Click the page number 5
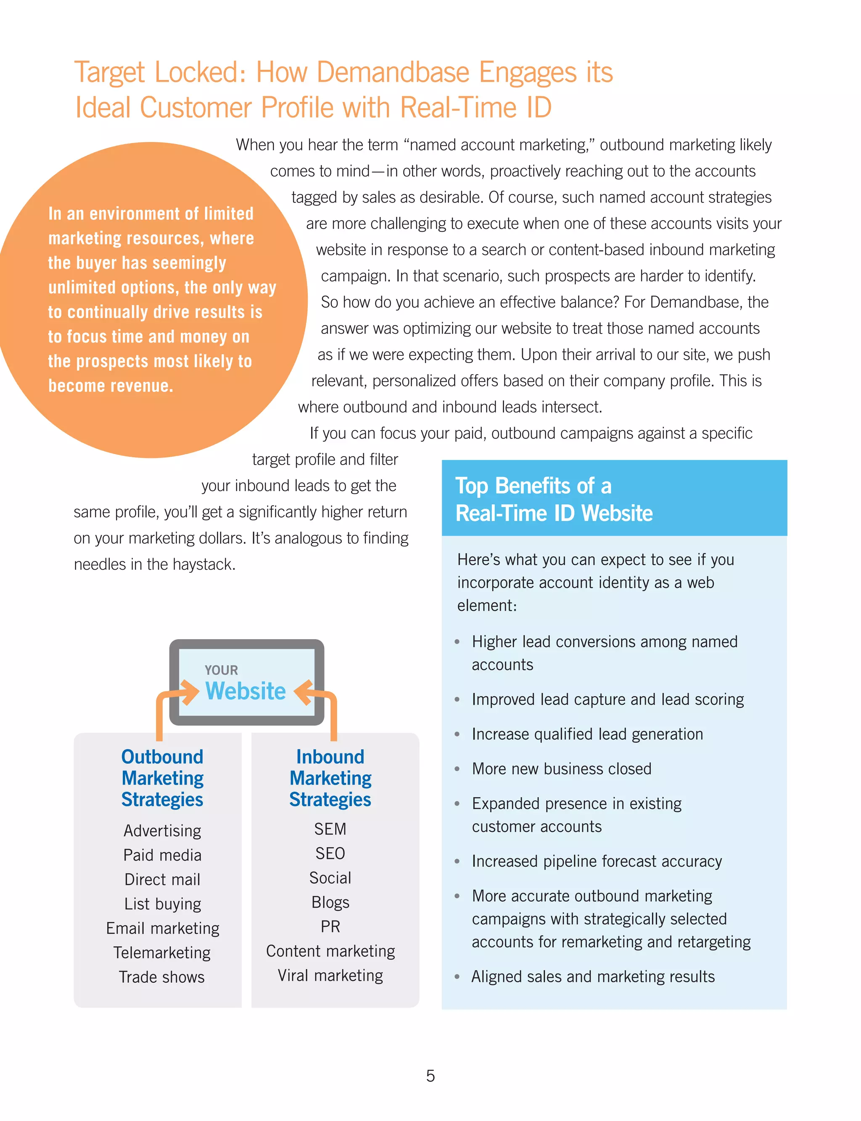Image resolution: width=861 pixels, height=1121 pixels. [x=430, y=1076]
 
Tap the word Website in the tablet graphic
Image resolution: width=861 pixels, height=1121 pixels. [x=246, y=691]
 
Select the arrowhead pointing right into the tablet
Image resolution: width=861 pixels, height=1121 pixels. [x=190, y=693]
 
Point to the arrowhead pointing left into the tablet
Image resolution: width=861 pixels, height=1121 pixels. [x=302, y=693]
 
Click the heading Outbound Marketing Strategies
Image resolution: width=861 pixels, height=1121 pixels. [x=162, y=777]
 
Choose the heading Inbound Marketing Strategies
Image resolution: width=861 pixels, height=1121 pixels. [x=330, y=777]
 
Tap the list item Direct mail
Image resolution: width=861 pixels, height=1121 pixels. [x=162, y=879]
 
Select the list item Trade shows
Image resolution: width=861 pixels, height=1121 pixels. [x=162, y=976]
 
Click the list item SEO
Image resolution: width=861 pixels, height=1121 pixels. [x=330, y=853]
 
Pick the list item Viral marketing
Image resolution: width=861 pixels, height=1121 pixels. [x=330, y=975]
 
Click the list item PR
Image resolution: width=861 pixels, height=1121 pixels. [x=330, y=926]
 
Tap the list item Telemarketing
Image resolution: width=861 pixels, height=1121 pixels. [x=162, y=952]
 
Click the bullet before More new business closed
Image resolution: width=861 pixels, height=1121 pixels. [x=457, y=769]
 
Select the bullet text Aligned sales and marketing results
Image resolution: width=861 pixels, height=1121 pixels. [x=592, y=976]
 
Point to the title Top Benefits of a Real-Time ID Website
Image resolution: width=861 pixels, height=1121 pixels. [x=554, y=499]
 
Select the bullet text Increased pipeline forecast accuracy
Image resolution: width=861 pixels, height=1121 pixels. [x=597, y=861]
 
